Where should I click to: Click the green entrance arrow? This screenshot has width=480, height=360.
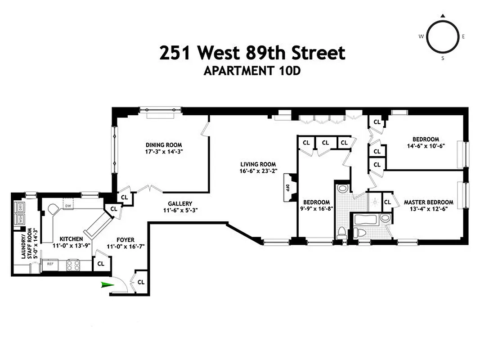(107, 284)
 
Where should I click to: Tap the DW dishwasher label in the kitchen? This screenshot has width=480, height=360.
(67, 206)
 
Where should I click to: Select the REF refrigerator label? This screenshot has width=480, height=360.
(50, 264)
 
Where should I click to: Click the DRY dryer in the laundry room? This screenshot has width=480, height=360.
(20, 208)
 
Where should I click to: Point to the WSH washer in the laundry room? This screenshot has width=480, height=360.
(20, 219)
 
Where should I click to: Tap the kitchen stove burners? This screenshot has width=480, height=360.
(73, 265)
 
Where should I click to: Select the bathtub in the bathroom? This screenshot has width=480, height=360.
(366, 220)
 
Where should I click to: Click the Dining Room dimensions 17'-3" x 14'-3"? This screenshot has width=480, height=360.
(164, 152)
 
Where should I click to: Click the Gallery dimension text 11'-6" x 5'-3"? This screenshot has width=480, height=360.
(180, 210)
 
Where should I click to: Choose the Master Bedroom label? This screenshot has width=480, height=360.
(428, 202)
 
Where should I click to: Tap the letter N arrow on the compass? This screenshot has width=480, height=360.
(442, 16)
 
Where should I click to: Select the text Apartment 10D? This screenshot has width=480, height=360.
(251, 71)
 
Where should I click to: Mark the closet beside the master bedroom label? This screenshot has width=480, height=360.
(387, 202)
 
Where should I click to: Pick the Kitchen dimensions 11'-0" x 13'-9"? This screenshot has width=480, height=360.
(72, 245)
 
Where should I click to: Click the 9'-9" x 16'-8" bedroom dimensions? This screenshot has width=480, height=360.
(316, 208)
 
